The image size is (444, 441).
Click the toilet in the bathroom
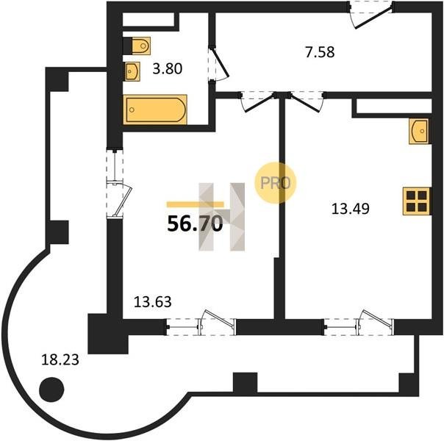click(141, 46)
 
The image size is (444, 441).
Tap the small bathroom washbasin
click(132, 71)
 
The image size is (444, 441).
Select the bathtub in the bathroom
click(155, 110)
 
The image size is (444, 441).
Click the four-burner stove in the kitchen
click(417, 201)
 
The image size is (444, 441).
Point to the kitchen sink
click(418, 131)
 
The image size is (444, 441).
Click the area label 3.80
click(168, 69)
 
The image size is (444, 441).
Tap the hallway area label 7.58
click(320, 52)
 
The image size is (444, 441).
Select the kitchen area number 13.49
click(350, 209)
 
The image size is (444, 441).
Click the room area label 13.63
click(153, 302)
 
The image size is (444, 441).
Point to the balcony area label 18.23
click(60, 360)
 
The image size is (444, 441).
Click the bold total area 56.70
click(195, 223)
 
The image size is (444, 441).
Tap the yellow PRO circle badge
click(275, 182)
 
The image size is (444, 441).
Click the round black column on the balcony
click(51, 390)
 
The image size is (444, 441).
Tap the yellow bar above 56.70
click(195, 204)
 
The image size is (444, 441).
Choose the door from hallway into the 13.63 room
click(258, 103)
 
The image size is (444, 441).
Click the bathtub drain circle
click(132, 110)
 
